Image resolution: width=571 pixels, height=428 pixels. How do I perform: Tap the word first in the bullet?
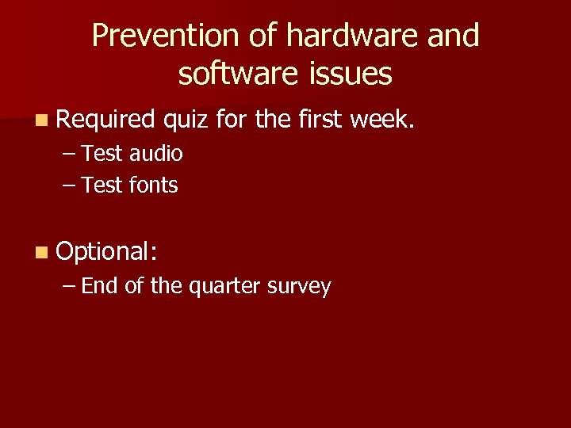[320, 120]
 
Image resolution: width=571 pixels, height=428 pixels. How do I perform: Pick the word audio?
[156, 154]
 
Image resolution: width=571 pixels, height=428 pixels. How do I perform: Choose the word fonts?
[154, 185]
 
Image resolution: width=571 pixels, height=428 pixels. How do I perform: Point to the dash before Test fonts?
[68, 186]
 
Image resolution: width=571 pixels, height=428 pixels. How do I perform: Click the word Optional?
[107, 252]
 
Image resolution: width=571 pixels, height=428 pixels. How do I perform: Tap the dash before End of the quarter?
[68, 287]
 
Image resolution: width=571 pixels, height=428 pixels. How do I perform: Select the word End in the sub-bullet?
[100, 286]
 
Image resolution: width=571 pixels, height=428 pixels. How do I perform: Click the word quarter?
[224, 287]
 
